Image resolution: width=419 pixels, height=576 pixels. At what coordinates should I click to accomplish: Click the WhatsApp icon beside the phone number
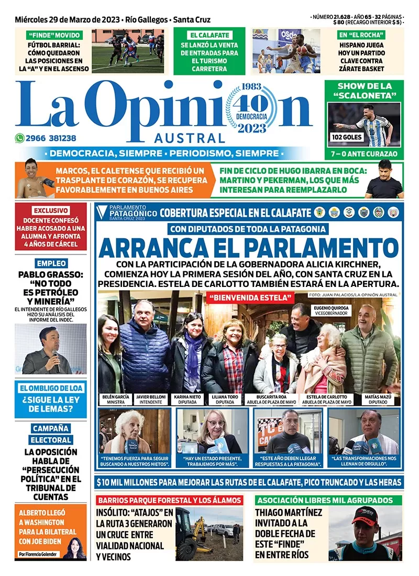20,138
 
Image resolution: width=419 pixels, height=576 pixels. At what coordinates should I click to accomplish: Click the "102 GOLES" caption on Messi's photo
344,138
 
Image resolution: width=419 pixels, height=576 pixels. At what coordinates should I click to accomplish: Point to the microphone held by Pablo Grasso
56,356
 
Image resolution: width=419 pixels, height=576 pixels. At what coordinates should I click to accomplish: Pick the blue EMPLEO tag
51,263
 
